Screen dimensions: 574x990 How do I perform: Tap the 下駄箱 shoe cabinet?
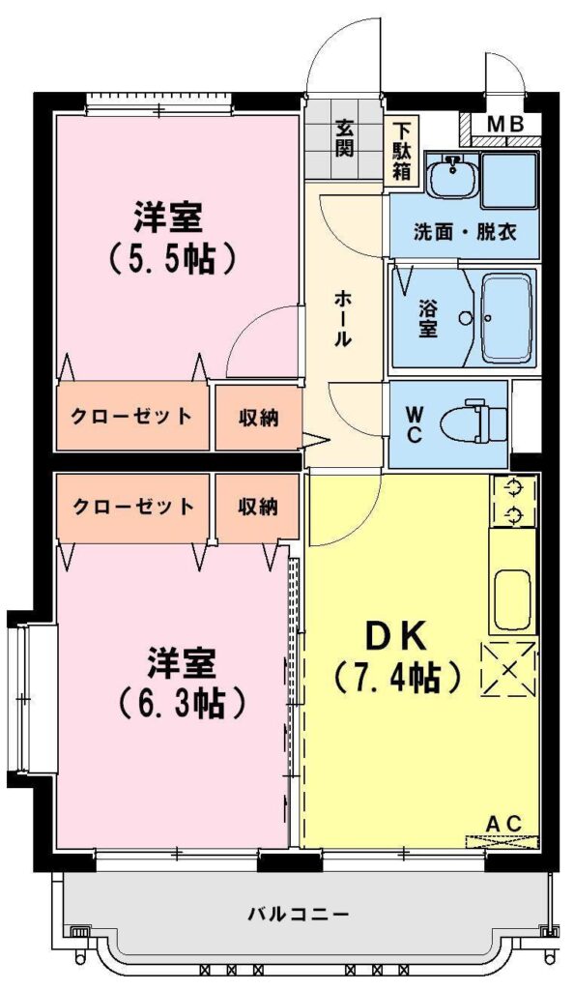pyautogui.click(x=400, y=151)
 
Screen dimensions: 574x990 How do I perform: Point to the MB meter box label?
pyautogui.click(x=506, y=125)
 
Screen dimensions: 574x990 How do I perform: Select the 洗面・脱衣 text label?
pyautogui.click(x=466, y=232)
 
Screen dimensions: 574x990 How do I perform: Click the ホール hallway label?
pyautogui.click(x=342, y=318)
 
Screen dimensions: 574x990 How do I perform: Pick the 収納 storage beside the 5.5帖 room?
pyautogui.click(x=258, y=418)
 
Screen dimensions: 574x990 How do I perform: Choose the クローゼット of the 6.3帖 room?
pyautogui.click(x=132, y=507)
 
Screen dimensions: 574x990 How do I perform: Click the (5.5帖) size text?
pyautogui.click(x=173, y=259)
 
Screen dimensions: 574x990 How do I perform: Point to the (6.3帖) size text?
pyautogui.click(x=182, y=703)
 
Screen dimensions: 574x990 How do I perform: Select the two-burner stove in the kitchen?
pyautogui.click(x=515, y=502)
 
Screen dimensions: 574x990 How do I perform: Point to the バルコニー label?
pyautogui.click(x=299, y=913)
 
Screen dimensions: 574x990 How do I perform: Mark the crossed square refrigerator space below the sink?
pyautogui.click(x=508, y=669)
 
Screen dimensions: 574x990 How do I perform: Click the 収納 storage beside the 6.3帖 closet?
pyautogui.click(x=258, y=507)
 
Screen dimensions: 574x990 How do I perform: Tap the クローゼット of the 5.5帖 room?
pyautogui.click(x=131, y=416)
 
